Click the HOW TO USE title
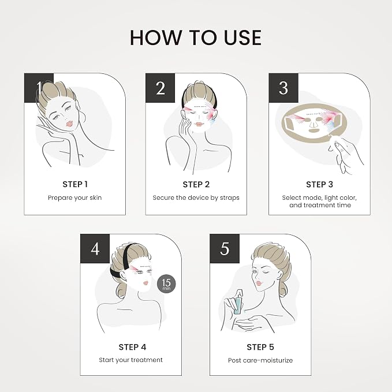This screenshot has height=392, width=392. coord(196,38)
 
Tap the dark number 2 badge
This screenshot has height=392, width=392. coord(160,88)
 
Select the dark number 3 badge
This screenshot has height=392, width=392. coord(283,88)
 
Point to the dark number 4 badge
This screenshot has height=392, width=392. coord(95,249)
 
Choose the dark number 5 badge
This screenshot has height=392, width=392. coord(225,249)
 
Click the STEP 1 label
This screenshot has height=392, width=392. coord(75,184)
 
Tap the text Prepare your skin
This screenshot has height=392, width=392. coord(74,198)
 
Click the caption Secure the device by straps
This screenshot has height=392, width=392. coord(196,198)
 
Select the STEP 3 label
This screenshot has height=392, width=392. coord(319,184)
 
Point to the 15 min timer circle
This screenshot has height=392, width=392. coord(166,283)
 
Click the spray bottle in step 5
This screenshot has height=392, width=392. coord(239,301)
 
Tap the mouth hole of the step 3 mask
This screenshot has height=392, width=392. coord(313,130)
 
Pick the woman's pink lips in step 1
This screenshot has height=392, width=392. coord(69,124)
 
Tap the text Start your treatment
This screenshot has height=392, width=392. coord(130,360)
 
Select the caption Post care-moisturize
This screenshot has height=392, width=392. coord(260,360)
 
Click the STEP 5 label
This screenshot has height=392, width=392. coord(260,347)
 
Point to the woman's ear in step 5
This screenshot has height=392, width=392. coord(278,273)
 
